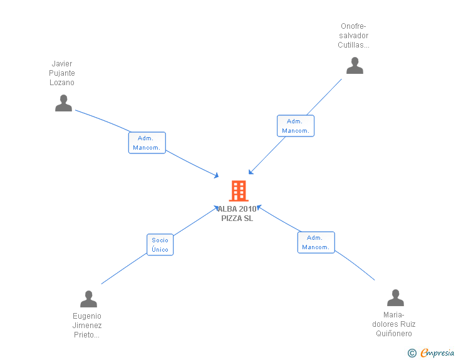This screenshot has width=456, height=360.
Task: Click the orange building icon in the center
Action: [239, 191]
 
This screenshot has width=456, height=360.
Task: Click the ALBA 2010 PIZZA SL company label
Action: [237, 213]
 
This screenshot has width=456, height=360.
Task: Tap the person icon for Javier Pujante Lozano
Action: [63, 103]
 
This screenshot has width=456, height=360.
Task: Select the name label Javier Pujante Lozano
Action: [61, 73]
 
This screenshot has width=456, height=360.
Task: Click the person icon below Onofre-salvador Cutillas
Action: [355, 66]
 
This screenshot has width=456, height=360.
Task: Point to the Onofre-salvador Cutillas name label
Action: [353, 36]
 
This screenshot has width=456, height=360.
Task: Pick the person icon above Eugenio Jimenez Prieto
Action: [88, 299]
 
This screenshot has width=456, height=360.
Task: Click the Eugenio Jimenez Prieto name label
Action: [86, 326]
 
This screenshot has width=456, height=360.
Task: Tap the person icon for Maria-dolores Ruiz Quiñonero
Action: [395, 298]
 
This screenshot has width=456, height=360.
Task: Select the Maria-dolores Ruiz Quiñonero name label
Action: [394, 324]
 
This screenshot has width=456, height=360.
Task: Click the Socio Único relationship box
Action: [160, 245]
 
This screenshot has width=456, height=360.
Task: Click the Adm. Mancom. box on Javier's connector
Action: [147, 143]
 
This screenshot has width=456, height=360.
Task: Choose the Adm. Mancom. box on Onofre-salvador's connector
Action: [296, 126]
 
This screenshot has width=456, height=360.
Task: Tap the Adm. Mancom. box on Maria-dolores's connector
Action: [316, 242]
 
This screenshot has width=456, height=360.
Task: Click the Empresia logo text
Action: [437, 352]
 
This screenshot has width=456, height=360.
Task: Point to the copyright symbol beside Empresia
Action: [412, 353]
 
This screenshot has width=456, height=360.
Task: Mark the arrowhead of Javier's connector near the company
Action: [217, 175]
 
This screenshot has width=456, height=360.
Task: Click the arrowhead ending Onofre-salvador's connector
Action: [251, 172]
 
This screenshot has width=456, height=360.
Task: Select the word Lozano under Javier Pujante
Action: [61, 83]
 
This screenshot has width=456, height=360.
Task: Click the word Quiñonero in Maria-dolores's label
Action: [394, 334]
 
